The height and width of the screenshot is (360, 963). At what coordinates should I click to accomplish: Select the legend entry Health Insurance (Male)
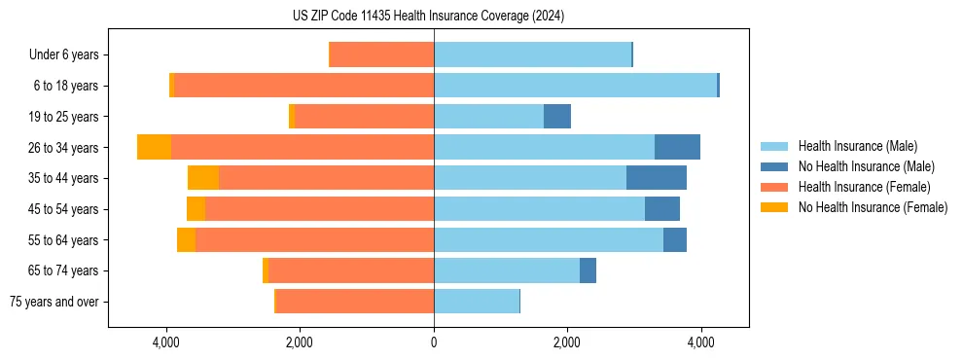tap(856, 146)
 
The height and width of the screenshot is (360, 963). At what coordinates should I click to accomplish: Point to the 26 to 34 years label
tap(64, 147)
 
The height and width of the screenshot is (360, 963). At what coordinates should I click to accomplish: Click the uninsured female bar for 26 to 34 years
tap(154, 147)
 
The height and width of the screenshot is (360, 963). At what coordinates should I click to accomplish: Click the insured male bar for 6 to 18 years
tap(575, 86)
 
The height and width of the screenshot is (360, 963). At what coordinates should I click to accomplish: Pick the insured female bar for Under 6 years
tap(382, 54)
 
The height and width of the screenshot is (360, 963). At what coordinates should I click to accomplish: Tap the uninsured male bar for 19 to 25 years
tap(557, 117)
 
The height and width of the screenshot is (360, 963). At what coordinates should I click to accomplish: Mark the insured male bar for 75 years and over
tap(477, 302)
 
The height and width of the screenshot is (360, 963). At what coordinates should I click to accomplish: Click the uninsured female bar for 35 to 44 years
tap(203, 178)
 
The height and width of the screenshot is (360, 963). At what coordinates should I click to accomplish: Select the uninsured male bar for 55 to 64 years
tap(675, 239)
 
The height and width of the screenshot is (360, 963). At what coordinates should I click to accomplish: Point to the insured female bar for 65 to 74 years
tap(351, 270)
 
